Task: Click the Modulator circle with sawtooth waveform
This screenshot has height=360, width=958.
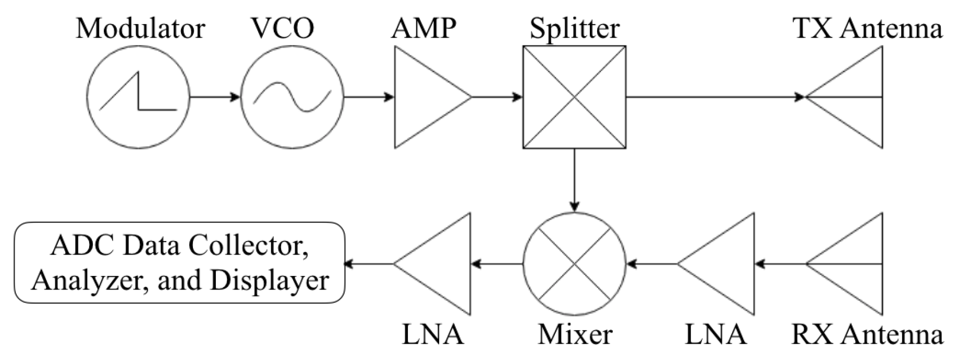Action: [138, 98]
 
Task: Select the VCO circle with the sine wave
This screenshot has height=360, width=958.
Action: [292, 98]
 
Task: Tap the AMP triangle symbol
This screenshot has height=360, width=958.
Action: [425, 98]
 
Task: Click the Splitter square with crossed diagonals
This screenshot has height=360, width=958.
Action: [574, 98]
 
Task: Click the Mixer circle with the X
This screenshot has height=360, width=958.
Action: [574, 264]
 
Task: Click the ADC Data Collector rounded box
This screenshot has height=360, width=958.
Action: [179, 263]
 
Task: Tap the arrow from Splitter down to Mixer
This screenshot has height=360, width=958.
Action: [574, 181]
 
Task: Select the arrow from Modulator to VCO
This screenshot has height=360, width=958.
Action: [215, 97]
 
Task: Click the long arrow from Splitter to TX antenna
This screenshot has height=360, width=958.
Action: [714, 97]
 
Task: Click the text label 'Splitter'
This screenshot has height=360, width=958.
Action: [574, 29]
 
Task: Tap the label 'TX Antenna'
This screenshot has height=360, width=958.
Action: [867, 29]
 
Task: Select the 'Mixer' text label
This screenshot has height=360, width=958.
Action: [575, 334]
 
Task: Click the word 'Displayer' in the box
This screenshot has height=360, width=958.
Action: [270, 281]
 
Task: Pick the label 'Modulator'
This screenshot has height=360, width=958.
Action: [140, 29]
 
